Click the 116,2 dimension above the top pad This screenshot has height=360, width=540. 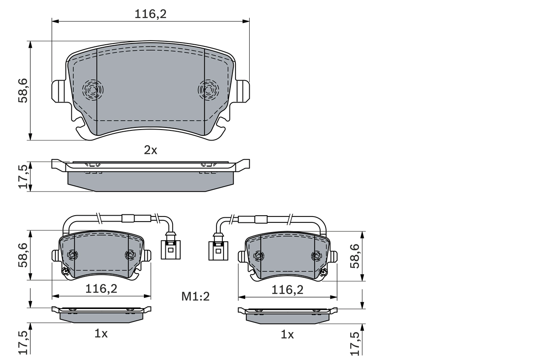tap(151, 14)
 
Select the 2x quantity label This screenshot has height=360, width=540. tap(151, 150)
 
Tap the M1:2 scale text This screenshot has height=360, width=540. tap(195, 297)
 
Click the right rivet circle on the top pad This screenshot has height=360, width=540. tap(208, 89)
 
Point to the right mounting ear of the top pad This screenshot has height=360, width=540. tap(243, 91)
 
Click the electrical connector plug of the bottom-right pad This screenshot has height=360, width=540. tap(218, 249)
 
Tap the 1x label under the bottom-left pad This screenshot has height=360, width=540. tap(101, 334)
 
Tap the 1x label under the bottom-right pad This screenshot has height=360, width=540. tap(287, 335)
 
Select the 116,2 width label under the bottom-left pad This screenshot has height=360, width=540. tap(101, 289)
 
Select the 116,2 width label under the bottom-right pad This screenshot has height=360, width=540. tap(288, 290)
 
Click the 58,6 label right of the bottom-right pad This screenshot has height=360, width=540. tap(355, 256)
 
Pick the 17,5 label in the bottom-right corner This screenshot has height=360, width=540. tap(355, 342)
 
